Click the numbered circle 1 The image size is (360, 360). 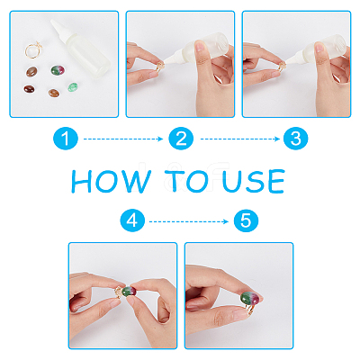click(x=66, y=139)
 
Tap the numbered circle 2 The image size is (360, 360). click(x=181, y=139)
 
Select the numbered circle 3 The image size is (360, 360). click(x=295, y=139)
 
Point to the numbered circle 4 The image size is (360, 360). click(x=132, y=221)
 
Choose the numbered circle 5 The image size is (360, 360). click(x=246, y=221)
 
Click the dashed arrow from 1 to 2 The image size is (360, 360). click(x=123, y=139)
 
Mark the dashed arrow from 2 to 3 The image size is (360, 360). click(x=240, y=139)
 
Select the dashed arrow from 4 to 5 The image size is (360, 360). click(x=189, y=221)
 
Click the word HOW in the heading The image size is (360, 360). click(x=111, y=181)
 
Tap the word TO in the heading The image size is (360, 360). click(x=186, y=181)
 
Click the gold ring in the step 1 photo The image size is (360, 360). click(x=33, y=49)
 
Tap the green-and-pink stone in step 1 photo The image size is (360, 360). click(x=58, y=70)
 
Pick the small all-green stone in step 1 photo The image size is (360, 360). click(x=73, y=87)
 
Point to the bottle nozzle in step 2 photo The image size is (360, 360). click(x=174, y=58)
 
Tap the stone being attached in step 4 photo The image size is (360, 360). click(x=130, y=292)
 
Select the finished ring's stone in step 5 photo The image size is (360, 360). click(x=250, y=299)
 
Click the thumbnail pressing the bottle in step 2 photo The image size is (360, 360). click(x=200, y=47)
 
